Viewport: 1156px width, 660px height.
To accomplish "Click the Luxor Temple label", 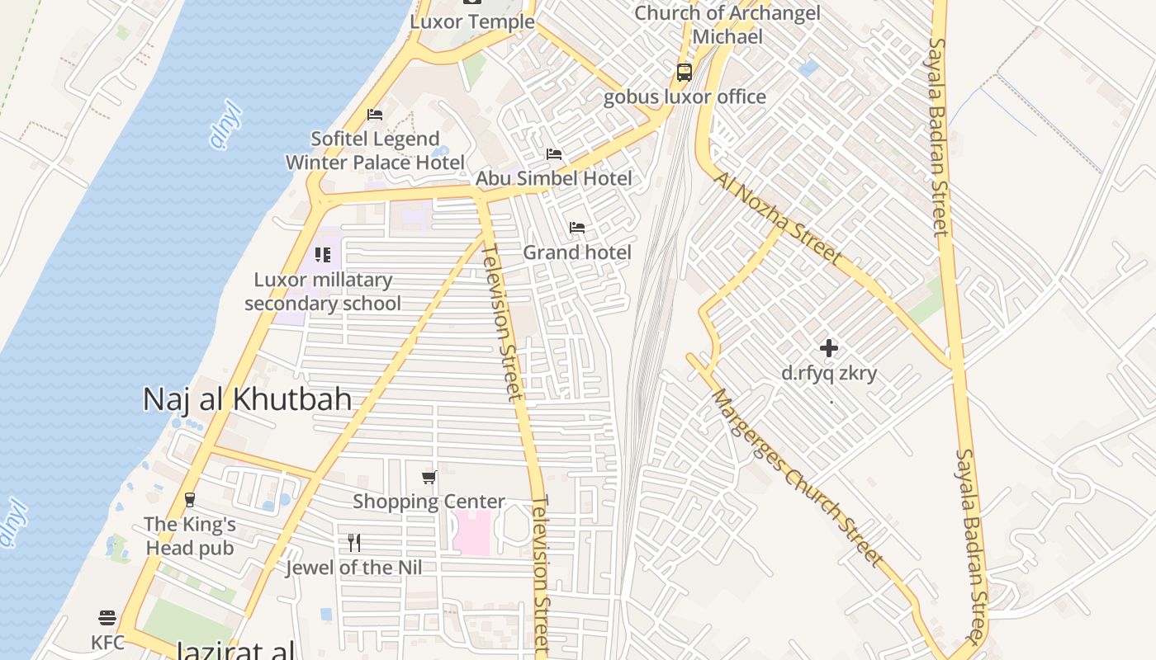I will coord(472,21).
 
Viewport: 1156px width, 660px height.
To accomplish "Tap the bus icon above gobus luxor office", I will coord(685,73).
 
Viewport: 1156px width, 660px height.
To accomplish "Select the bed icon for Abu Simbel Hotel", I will coord(554,154).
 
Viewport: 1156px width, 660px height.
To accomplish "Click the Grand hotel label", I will coord(577,252).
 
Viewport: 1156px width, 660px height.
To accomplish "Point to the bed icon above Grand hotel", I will coord(577,228).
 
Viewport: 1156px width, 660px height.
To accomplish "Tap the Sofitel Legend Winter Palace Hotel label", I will coord(375,150).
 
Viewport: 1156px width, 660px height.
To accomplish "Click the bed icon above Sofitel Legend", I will coord(375,115).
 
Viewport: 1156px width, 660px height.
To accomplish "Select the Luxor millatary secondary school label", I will coord(323,291).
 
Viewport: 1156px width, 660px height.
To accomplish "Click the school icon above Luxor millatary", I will coord(323,255).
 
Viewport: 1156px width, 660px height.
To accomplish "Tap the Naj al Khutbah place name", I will coord(247,399).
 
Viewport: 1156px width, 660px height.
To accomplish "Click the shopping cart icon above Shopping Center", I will coord(429,477).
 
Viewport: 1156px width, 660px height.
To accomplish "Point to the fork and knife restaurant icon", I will coord(354,543).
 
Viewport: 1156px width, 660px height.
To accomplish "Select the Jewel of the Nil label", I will coord(353,568).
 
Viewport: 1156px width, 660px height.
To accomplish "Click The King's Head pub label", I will coord(190,535).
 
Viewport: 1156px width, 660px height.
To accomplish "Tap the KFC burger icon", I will coord(107,618).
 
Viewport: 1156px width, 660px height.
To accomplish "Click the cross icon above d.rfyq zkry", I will coord(829,348).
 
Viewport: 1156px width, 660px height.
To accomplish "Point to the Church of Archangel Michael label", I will coord(727,25).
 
